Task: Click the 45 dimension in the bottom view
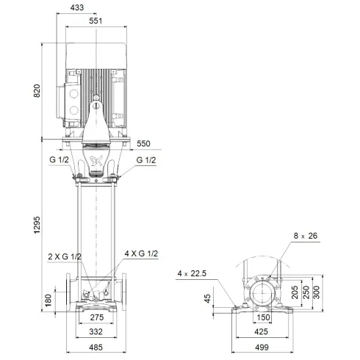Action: (x=208, y=298)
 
